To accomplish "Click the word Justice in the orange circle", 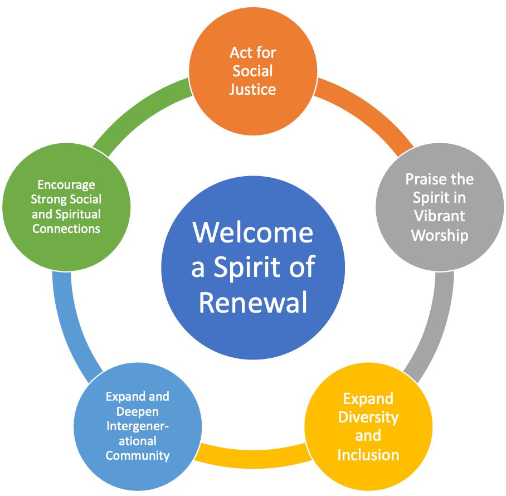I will click(252, 89).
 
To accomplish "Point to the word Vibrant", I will click(440, 216).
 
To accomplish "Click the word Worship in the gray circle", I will click(440, 235).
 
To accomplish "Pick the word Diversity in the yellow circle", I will click(368, 417).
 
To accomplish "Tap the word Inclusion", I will click(368, 454).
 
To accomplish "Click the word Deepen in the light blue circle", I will click(137, 411).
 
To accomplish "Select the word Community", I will click(137, 455).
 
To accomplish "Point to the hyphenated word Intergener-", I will click(137, 426).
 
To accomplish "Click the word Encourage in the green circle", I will click(66, 184).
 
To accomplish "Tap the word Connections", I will click(66, 228).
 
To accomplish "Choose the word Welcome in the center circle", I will click(253, 232).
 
